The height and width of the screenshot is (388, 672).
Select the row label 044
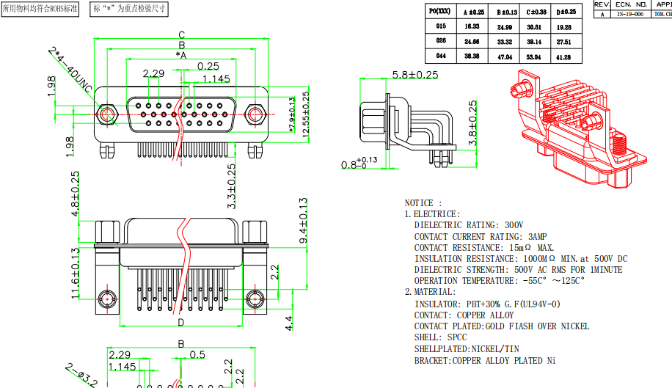[x=441, y=55]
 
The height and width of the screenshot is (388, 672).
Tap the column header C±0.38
[x=536, y=12]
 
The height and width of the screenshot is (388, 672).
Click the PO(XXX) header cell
[x=441, y=11]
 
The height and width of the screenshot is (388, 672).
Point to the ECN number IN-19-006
[x=630, y=14]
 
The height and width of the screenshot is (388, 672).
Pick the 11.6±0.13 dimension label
[x=74, y=274]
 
